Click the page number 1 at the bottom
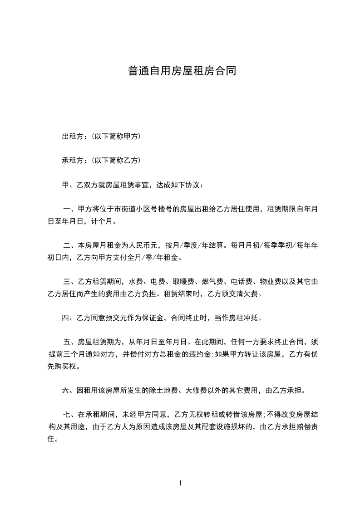[x=180, y=483]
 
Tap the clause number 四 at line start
[x=65, y=318]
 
